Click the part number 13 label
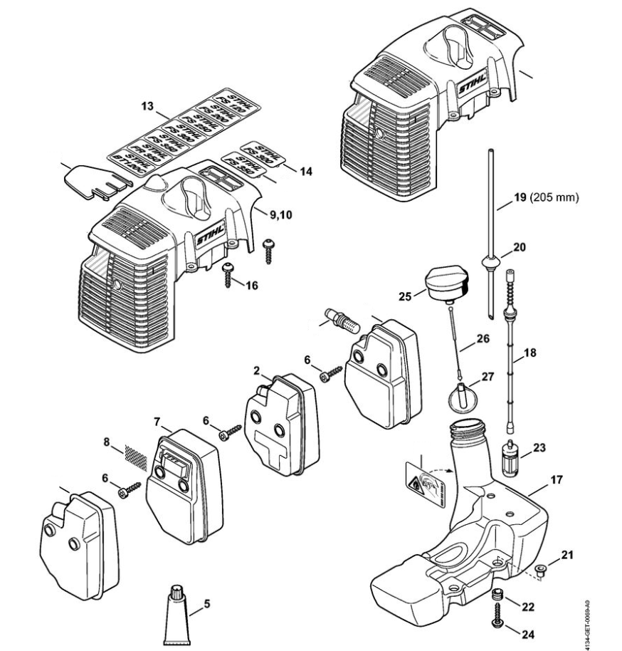tap(147, 106)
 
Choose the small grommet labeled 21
tap(542, 569)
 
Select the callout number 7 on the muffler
tap(157, 422)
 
